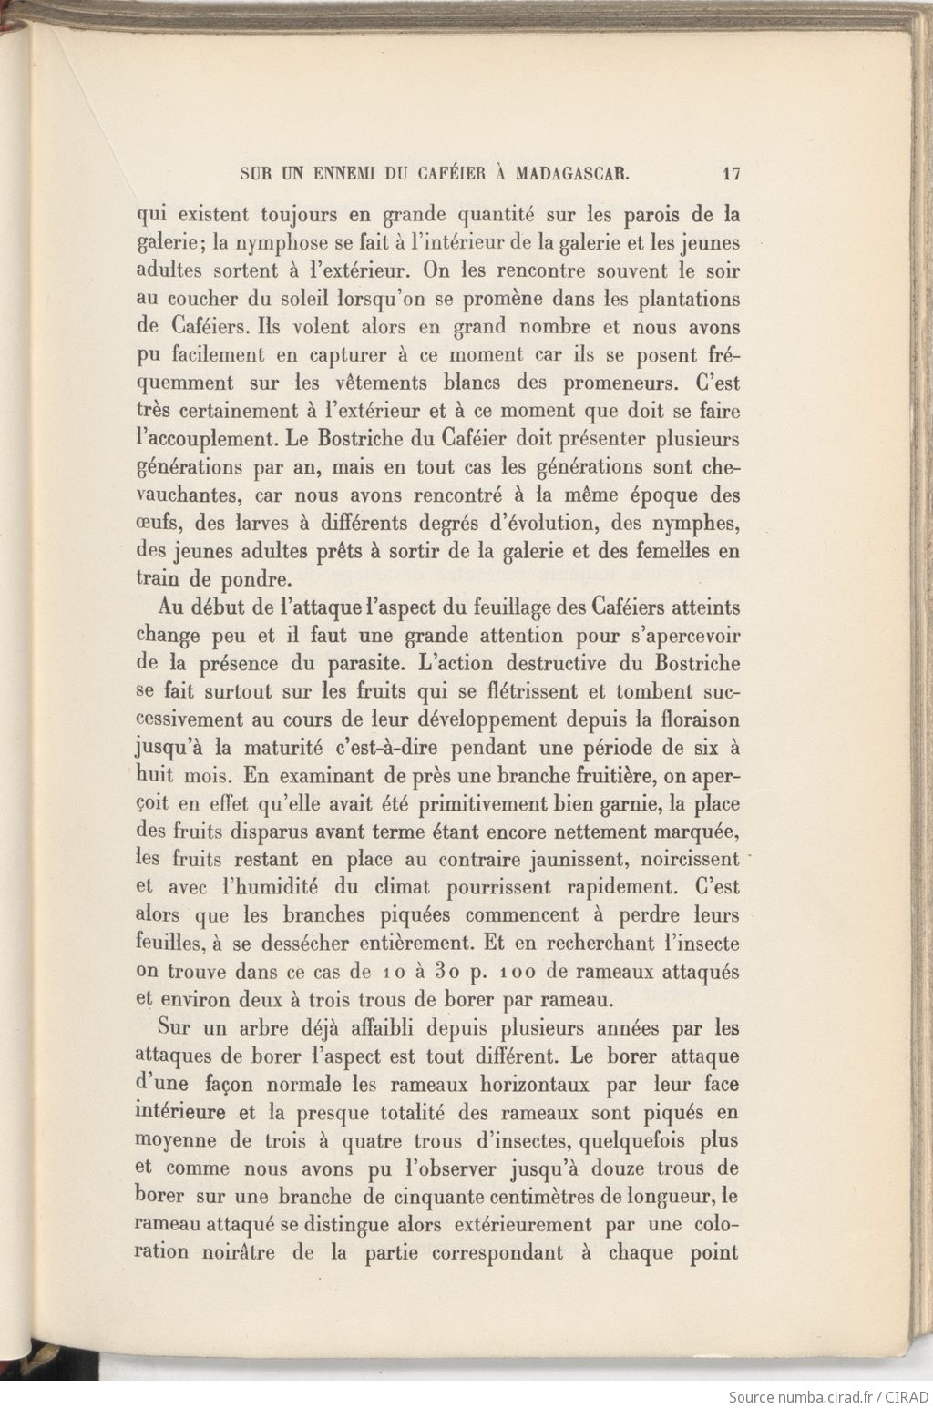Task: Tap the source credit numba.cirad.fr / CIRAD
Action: [827, 1396]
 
